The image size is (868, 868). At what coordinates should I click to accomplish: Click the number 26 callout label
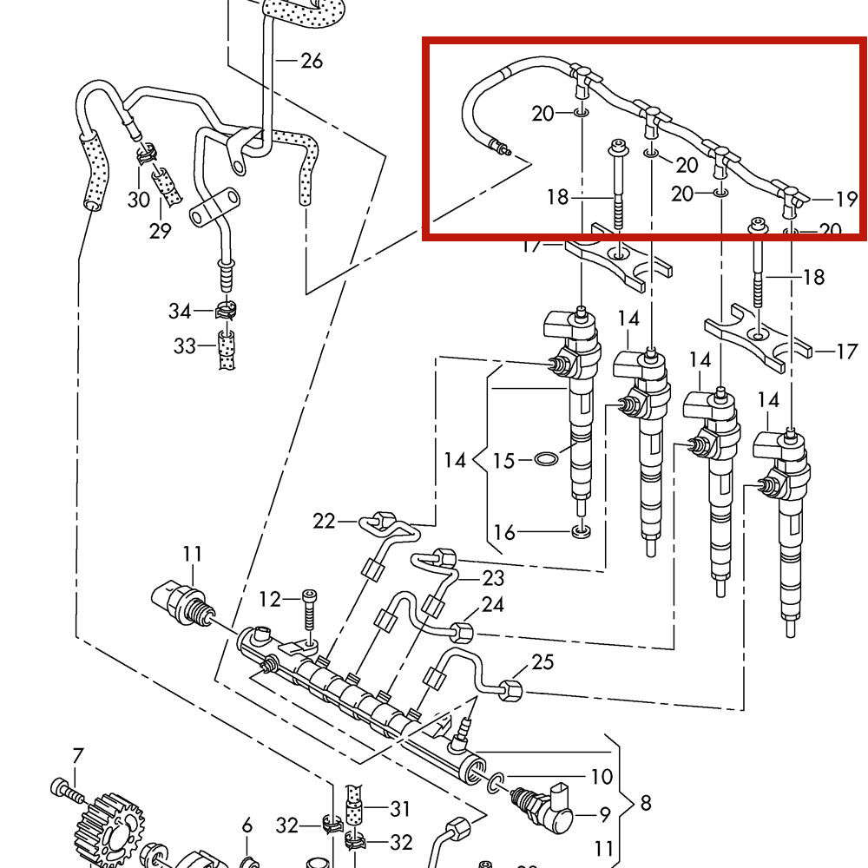click(311, 61)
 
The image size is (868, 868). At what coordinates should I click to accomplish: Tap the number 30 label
click(139, 200)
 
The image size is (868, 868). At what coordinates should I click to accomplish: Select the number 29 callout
click(160, 231)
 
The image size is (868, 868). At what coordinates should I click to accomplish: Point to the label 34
click(180, 310)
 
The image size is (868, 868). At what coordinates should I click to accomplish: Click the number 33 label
click(184, 347)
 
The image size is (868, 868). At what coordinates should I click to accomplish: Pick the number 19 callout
click(846, 200)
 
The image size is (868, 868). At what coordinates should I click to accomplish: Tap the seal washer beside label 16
click(582, 530)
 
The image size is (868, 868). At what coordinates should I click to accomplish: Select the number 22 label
click(324, 521)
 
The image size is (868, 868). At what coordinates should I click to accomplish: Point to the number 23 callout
click(493, 578)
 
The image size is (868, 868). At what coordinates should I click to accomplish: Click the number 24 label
click(493, 604)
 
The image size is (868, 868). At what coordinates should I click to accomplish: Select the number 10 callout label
click(602, 777)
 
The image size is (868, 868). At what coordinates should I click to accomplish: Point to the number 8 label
click(645, 803)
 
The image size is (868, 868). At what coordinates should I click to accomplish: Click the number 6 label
click(247, 825)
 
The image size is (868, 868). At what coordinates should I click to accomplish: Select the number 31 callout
click(399, 810)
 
